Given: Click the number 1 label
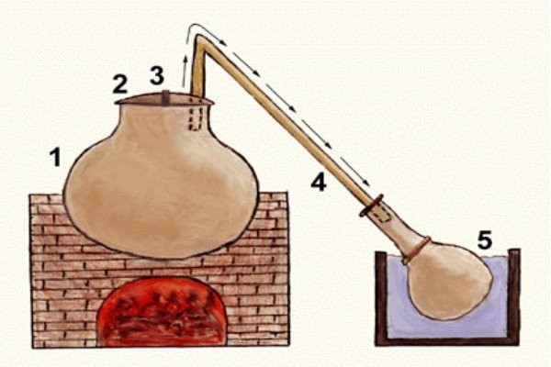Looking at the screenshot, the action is [55, 157].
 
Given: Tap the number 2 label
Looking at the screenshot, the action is [120, 84].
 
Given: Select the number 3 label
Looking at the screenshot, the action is [157, 75].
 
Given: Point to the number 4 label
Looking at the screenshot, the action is [319, 182].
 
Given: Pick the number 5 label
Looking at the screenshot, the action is [485, 240].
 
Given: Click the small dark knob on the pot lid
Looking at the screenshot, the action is [166, 97].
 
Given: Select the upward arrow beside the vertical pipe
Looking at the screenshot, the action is [185, 71].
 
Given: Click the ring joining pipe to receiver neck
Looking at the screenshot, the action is [371, 206].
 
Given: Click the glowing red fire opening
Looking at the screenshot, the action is [162, 312].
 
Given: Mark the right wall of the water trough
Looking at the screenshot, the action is [513, 296].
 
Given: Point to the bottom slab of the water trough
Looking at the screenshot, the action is [447, 341].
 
